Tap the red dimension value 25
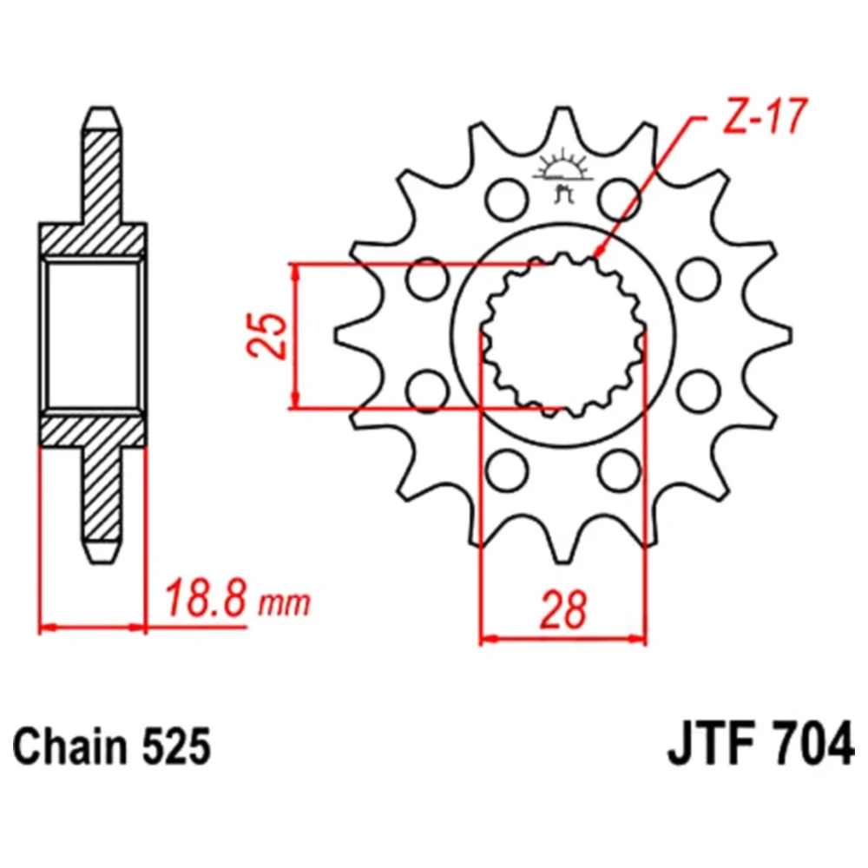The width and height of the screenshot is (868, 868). (266, 337)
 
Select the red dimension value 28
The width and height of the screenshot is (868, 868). (563, 610)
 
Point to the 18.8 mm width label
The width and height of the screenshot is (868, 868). (238, 598)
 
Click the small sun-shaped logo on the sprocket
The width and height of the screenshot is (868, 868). (563, 172)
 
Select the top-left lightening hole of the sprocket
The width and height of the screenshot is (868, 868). (506, 198)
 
